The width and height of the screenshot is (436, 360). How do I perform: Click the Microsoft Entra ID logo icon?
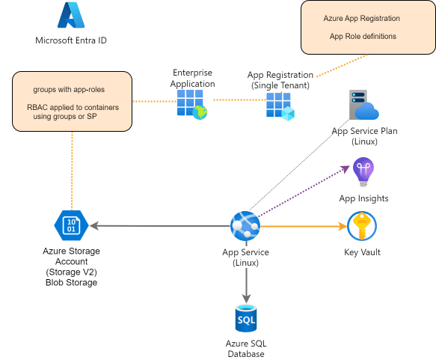click(71, 15)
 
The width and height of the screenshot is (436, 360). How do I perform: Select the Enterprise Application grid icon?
click(192, 104)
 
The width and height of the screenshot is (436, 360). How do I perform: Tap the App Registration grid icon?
click(280, 106)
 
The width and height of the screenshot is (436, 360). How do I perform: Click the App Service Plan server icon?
click(363, 105)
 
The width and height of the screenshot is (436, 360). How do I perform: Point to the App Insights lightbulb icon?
click(363, 171)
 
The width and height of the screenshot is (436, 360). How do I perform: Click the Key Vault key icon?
click(362, 226)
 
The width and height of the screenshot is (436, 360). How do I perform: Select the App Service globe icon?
click(245, 226)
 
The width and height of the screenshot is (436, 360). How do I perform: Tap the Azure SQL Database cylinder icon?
click(246, 318)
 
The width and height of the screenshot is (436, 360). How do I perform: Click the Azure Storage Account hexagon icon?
click(71, 225)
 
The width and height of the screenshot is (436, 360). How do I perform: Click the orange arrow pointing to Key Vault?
click(304, 226)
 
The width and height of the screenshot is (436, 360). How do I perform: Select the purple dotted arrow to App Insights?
click(304, 191)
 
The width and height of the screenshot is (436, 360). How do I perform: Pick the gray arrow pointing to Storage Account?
click(160, 225)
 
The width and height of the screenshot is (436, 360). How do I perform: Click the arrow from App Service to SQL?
click(246, 272)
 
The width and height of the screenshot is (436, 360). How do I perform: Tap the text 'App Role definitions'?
click(363, 36)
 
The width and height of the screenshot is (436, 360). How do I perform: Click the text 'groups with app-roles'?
click(69, 89)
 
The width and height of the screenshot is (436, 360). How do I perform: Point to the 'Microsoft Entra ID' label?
click(71, 40)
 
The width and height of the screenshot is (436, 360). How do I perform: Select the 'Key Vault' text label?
click(362, 252)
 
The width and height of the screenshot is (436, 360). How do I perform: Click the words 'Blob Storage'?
click(72, 282)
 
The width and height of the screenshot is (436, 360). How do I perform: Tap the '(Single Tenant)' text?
click(280, 85)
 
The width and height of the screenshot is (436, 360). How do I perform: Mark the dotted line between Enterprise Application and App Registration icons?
click(240, 100)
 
